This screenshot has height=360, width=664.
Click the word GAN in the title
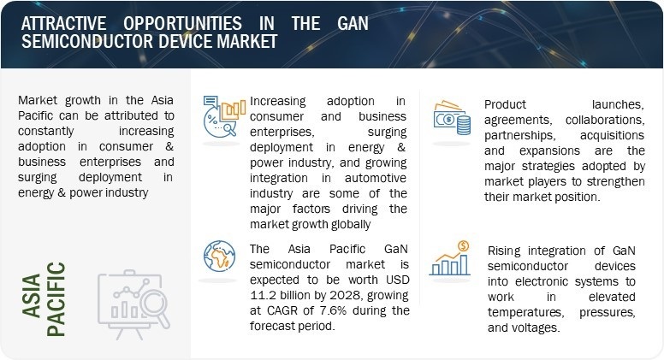point(353,23)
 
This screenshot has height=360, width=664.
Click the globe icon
point(219,257)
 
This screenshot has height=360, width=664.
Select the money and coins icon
point(452,118)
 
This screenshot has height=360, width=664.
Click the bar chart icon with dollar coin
point(451,258)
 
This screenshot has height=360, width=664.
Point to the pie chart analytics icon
point(224,116)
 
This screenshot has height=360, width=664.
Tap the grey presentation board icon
point(133,304)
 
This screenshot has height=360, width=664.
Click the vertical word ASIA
point(32,296)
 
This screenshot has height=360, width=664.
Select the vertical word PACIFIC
point(56,299)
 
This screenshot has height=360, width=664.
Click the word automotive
point(376,178)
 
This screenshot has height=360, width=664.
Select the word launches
point(618,104)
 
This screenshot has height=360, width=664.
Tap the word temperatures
point(525,313)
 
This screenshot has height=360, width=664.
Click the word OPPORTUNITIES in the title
point(182,23)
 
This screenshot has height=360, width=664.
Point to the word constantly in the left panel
point(45,132)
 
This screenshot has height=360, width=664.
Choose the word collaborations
point(605,120)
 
